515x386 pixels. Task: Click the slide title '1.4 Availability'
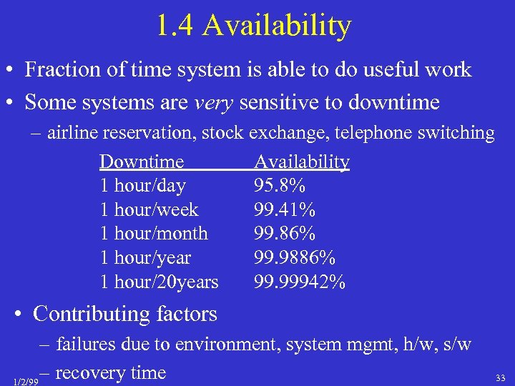point(254,26)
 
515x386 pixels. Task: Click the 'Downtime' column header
point(142,162)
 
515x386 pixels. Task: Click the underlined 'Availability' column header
point(302,162)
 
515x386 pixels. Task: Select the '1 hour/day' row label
point(142,186)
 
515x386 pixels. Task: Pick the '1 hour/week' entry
point(149,210)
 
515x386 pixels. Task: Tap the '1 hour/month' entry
point(154,234)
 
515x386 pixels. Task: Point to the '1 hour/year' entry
point(145,258)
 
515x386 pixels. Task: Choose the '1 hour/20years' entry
point(159,282)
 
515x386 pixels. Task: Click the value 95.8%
point(280,186)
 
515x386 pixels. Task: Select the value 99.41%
point(285,210)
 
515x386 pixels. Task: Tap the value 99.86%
point(285,234)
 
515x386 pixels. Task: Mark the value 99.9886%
point(295,258)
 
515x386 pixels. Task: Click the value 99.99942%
point(300,282)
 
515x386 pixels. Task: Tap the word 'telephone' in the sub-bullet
point(392,132)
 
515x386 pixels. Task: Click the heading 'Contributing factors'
point(124,314)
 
